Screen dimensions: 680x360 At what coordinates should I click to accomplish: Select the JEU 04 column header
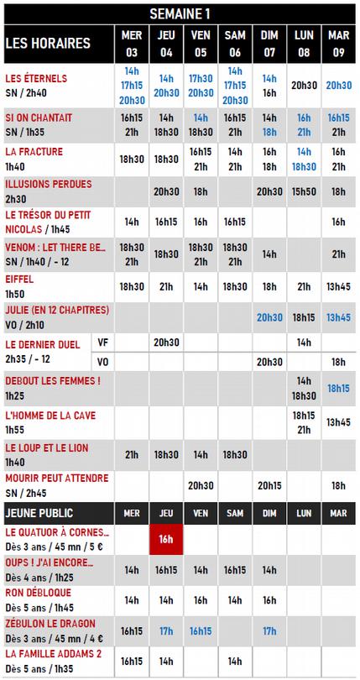pyautogui.click(x=165, y=44)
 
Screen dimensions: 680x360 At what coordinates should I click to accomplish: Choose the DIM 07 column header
pyautogui.click(x=269, y=44)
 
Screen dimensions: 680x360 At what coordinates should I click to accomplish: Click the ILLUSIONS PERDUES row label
pyautogui.click(x=49, y=183)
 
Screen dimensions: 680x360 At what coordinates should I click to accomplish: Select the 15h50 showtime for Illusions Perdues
pyautogui.click(x=304, y=191)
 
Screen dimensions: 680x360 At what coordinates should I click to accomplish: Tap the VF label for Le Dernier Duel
pyautogui.click(x=104, y=343)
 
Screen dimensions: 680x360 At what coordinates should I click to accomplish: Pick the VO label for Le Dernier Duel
pyautogui.click(x=104, y=362)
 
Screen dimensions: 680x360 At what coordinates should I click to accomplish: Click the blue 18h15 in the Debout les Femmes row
pyautogui.click(x=338, y=388)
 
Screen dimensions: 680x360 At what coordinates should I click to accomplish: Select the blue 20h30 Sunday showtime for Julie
pyautogui.click(x=269, y=317)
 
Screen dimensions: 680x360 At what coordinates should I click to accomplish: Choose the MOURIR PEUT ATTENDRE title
pyautogui.click(x=57, y=479)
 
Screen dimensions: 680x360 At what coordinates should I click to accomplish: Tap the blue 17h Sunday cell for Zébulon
pyautogui.click(x=269, y=630)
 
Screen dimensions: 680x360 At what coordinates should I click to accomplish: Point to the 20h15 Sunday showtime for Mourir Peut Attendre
pyautogui.click(x=269, y=484)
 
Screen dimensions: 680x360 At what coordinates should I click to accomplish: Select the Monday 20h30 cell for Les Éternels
pyautogui.click(x=304, y=85)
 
